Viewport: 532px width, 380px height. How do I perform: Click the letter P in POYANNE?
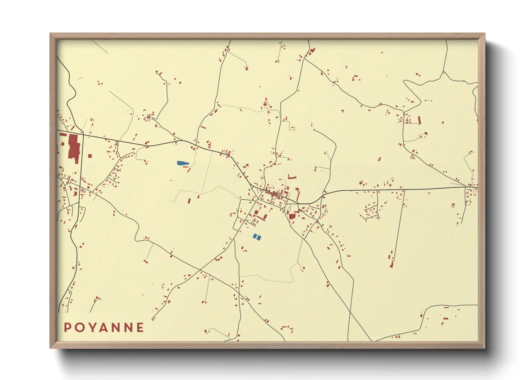tap(67, 328)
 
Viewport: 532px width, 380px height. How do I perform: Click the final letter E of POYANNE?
tap(141, 328)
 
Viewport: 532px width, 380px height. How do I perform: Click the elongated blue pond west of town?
tap(183, 163)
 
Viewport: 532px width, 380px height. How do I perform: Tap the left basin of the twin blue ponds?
tap(255, 236)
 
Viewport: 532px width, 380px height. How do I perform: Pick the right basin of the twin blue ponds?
tap(259, 237)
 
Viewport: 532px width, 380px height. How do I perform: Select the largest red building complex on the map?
tap(74, 148)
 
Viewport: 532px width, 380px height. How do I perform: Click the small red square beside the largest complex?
tap(90, 156)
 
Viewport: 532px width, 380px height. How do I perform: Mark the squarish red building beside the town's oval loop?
tap(292, 216)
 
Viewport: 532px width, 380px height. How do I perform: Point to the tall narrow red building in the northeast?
tap(419, 120)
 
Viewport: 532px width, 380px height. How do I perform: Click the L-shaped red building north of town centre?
tap(292, 177)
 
